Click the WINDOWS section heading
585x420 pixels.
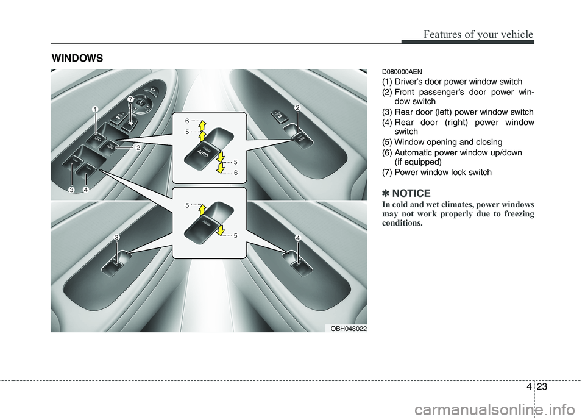coord(77,58)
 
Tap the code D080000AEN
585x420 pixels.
coord(402,72)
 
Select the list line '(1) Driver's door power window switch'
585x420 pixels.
coord(452,82)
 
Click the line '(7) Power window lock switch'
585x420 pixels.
coord(437,173)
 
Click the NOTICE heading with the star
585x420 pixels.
coord(406,193)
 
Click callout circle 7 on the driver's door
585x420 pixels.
coord(130,99)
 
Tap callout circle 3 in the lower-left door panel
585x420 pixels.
coord(115,236)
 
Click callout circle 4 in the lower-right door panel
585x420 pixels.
coord(299,236)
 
